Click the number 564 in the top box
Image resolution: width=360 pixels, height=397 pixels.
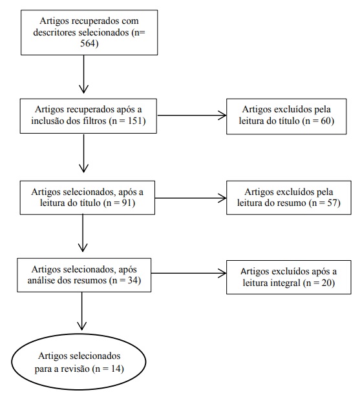(87, 43)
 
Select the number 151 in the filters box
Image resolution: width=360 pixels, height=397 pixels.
(135, 121)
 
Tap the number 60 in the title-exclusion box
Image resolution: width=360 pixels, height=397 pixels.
(325, 121)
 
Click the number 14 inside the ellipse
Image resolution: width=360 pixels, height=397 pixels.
(116, 369)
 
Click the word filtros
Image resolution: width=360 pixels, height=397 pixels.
(94, 121)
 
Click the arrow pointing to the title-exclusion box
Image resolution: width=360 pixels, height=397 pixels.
(192, 116)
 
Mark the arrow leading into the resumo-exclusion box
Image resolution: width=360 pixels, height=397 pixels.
(191, 198)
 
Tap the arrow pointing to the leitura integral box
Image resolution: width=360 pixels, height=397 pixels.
(189, 273)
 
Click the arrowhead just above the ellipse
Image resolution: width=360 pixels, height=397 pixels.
(82, 326)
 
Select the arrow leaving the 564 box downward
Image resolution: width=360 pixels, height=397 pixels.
(83, 74)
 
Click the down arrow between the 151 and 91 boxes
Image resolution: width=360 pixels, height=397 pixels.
(83, 154)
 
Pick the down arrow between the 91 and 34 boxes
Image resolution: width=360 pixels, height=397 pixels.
(83, 233)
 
